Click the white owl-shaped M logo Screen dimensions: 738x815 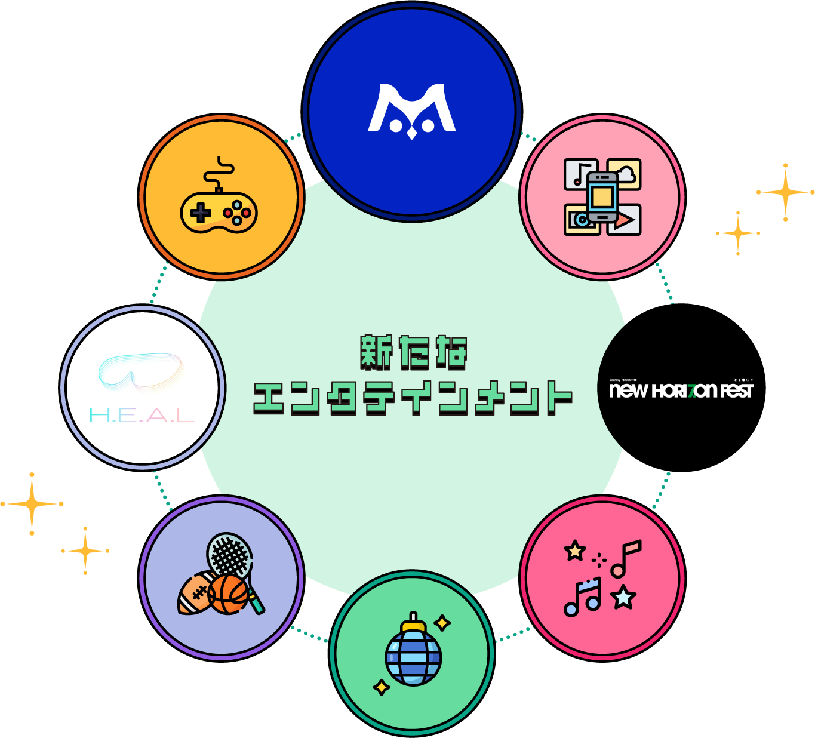coord(411,110)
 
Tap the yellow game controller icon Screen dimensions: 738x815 coord(219,213)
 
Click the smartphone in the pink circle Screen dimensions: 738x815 coord(602,197)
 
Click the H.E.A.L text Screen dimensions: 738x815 coord(142,416)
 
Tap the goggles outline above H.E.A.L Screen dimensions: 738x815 coord(140,372)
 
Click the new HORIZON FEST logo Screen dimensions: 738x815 coord(681,390)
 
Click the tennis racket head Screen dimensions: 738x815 coord(229,555)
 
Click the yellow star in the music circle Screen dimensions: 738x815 coord(575,550)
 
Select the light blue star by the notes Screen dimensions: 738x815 coord(623,596)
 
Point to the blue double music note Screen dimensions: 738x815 coord(582,597)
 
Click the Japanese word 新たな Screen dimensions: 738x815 coord(413,352)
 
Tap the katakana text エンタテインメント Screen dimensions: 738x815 coord(413,397)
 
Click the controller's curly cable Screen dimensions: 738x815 coord(219,171)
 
